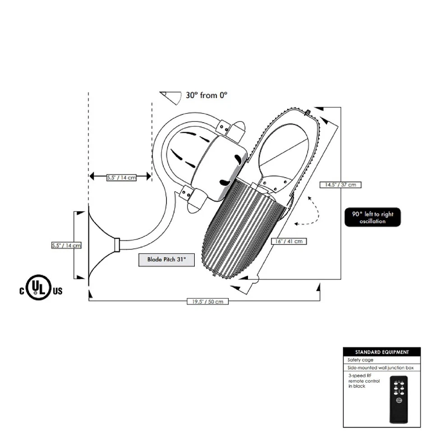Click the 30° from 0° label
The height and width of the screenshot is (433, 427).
(x=207, y=95)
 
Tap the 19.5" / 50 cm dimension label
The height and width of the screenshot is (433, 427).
(x=207, y=302)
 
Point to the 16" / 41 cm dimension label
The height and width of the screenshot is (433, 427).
(x=289, y=241)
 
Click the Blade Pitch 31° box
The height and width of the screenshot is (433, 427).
(x=166, y=260)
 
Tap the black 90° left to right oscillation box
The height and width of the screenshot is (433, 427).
(x=372, y=217)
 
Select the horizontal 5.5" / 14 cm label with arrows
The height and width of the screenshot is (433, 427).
(x=121, y=177)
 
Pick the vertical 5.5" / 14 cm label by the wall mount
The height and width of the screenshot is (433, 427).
(x=66, y=245)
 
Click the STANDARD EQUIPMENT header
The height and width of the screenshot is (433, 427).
(x=381, y=352)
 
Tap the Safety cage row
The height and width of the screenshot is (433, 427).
(x=361, y=360)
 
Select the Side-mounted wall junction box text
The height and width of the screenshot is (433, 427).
(x=381, y=368)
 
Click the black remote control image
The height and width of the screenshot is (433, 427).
(x=398, y=399)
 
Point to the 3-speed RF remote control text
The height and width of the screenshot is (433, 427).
(x=363, y=381)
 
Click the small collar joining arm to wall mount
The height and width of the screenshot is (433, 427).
(x=117, y=245)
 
